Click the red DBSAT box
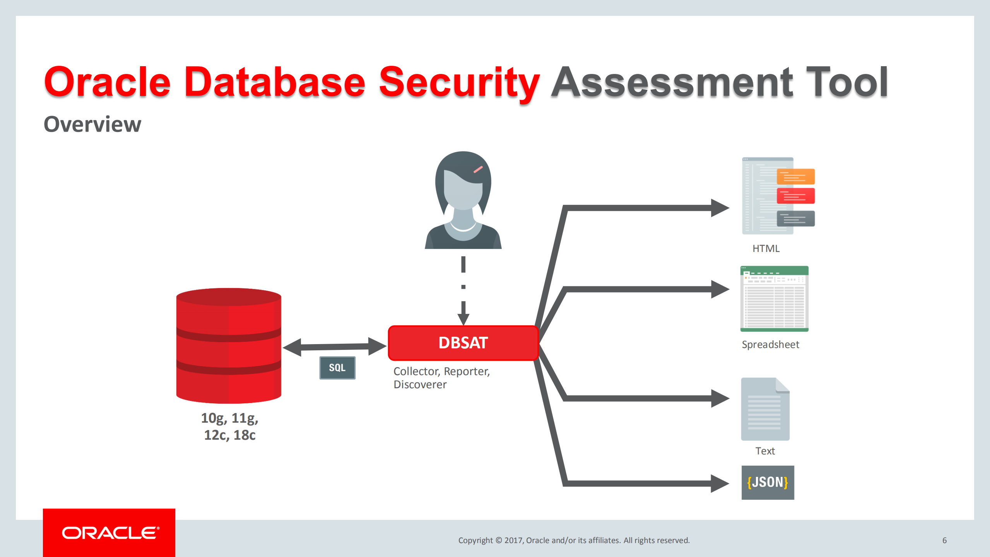tap(463, 343)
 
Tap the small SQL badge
tap(337, 368)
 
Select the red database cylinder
tap(229, 346)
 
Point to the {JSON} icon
tap(768, 482)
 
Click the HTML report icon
tap(778, 196)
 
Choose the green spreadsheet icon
tap(774, 299)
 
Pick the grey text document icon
tap(765, 409)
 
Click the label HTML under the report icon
tap(766, 249)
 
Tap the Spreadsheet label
tap(770, 344)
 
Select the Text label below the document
tap(765, 451)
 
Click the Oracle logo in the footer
tap(109, 533)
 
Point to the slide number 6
tap(944, 540)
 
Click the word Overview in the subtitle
tap(92, 125)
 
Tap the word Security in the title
tap(459, 82)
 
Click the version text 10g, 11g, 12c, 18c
tap(229, 426)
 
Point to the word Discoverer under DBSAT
tap(420, 385)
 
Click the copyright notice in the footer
tap(574, 540)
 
